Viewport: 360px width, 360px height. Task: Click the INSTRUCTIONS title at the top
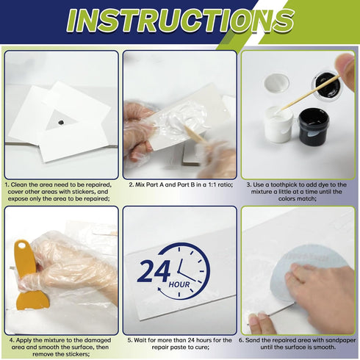coord(180,21)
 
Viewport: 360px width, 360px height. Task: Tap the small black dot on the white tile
coord(59,118)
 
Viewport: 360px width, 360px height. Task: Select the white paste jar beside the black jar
coord(279,124)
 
